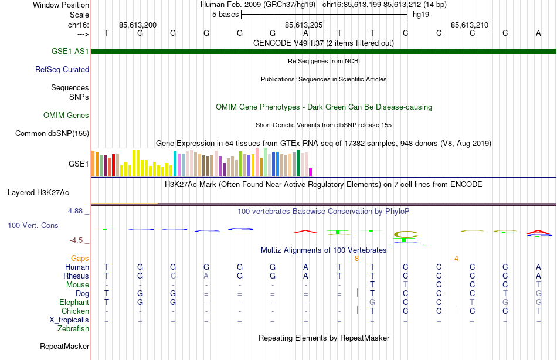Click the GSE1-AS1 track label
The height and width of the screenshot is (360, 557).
(70, 51)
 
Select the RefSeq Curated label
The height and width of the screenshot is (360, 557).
(62, 69)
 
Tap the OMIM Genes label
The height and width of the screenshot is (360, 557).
(66, 116)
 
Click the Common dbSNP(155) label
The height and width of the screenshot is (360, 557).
(52, 133)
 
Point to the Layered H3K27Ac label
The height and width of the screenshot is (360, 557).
(38, 192)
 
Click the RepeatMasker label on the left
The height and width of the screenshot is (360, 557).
(64, 347)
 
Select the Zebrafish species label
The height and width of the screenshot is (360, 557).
(73, 329)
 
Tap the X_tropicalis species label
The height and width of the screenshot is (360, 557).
(69, 320)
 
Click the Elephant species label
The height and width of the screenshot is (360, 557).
(74, 302)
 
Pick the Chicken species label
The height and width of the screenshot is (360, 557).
(75, 311)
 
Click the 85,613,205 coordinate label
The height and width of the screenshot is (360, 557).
(304, 25)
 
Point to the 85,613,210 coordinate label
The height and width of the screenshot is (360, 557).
(470, 25)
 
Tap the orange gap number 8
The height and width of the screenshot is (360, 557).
(356, 258)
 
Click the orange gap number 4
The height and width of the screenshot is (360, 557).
(456, 258)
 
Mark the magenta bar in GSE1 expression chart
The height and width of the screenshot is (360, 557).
(311, 172)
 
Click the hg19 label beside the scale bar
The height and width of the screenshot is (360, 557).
(421, 14)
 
